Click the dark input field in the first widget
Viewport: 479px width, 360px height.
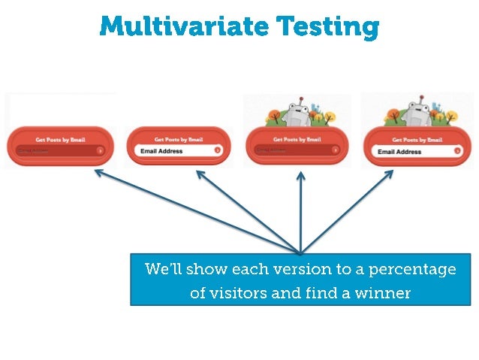tap(57, 150)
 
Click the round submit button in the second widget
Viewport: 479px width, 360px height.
tap(218, 150)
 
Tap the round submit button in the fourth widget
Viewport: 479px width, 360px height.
tap(457, 151)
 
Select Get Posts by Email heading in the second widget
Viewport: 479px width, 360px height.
tap(179, 139)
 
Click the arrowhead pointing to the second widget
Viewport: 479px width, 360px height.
tap(200, 173)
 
